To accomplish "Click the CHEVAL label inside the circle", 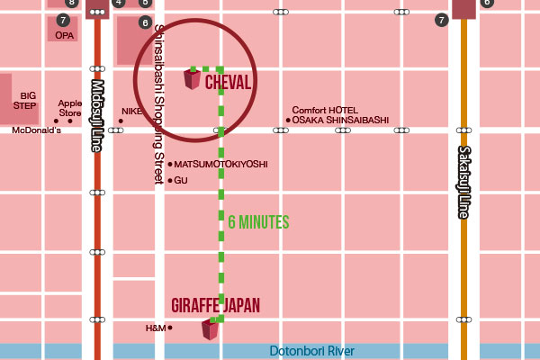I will pyautogui.click(x=228, y=82).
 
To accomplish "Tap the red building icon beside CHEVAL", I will pyautogui.click(x=192, y=79).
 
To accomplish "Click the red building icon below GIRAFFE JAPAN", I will pyautogui.click(x=210, y=328).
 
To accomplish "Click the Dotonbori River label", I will pyautogui.click(x=312, y=351).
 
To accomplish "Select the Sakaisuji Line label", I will pyautogui.click(x=464, y=182).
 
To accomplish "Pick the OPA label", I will pyautogui.click(x=64, y=36).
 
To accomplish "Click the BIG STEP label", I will pyautogui.click(x=29, y=100).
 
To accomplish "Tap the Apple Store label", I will pyautogui.click(x=70, y=108).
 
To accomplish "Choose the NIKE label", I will pyautogui.click(x=131, y=111).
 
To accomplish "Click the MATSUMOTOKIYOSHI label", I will pyautogui.click(x=220, y=165).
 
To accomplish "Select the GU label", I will pyautogui.click(x=180, y=180).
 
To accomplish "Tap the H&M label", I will pyautogui.click(x=156, y=328).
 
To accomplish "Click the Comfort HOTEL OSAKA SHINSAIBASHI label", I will pyautogui.click(x=340, y=115).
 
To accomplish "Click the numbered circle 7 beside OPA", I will pyautogui.click(x=62, y=20).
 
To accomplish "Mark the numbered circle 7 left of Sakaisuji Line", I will pyautogui.click(x=441, y=20).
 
